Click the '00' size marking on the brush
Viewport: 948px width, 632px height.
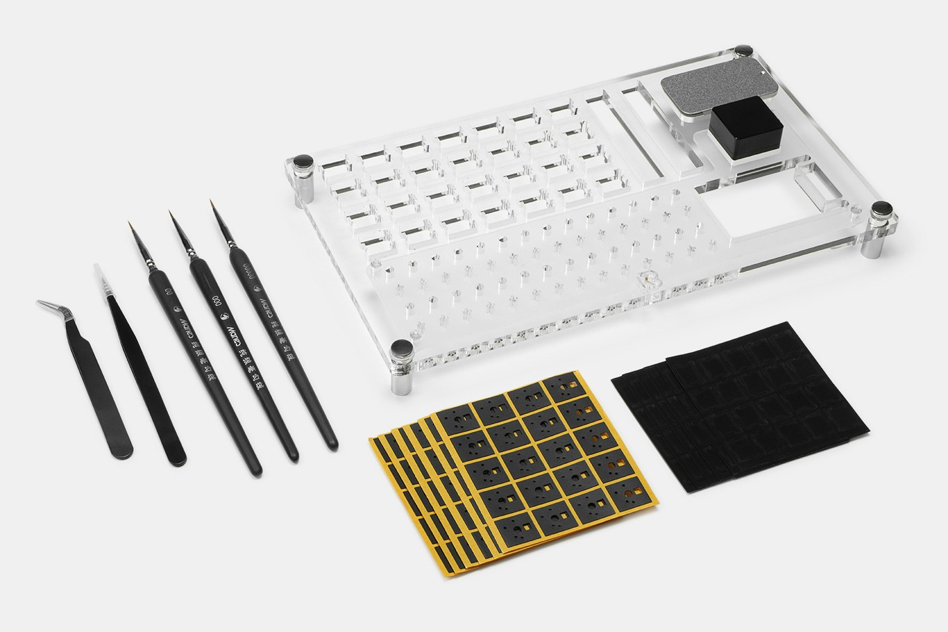coord(168,293)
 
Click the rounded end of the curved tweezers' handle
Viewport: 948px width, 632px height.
coord(120,451)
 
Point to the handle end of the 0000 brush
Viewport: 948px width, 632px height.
coord(330,443)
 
